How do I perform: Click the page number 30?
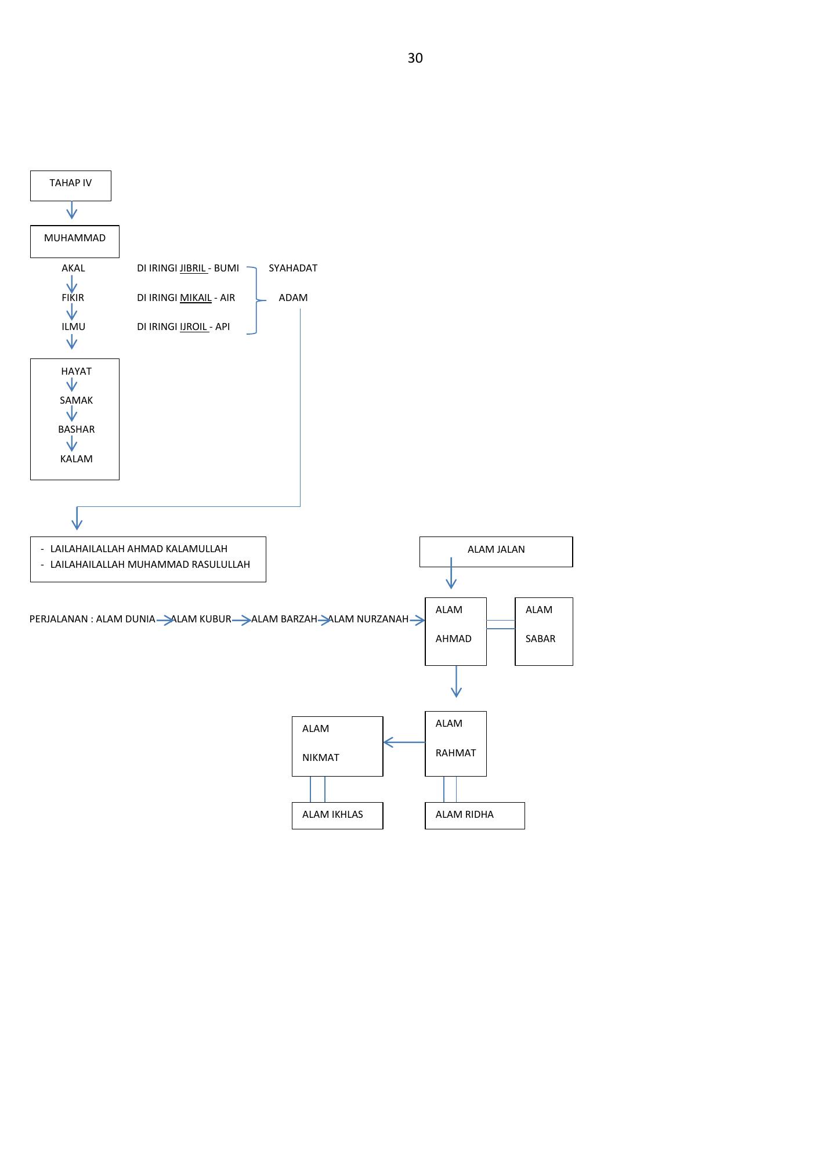point(415,58)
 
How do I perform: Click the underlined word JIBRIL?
point(193,268)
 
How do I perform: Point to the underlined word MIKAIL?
point(196,298)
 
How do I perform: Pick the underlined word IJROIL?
point(194,327)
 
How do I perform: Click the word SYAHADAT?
point(293,268)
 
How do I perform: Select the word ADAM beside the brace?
point(293,298)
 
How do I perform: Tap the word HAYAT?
point(76,371)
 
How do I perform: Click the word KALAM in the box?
point(76,459)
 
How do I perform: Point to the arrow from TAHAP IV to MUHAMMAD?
point(72,210)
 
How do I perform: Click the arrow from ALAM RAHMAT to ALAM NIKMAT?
point(404,742)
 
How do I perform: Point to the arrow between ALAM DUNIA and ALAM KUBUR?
point(165,620)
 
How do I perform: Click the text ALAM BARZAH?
point(284,619)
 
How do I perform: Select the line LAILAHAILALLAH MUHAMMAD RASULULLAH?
point(150,564)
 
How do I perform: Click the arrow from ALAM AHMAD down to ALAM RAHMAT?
point(456,681)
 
